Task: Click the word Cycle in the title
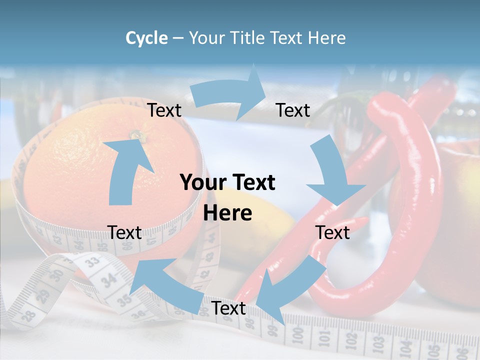146,38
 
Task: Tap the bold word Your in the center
200,183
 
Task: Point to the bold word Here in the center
227,213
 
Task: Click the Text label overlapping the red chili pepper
332,233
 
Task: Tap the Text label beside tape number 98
228,308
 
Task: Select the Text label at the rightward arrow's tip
293,110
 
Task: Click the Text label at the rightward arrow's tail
164,110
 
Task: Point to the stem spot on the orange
135,134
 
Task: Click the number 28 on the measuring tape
28,315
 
